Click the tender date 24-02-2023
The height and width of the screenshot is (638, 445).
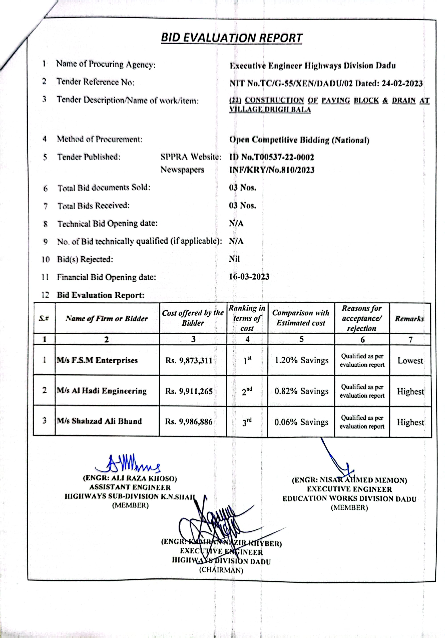tap(402, 84)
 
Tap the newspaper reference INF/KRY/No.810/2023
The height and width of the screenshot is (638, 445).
tap(272, 170)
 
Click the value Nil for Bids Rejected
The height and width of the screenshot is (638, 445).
tap(234, 259)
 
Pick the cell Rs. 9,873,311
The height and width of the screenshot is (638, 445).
tap(189, 361)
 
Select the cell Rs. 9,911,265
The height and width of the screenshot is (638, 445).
tap(189, 391)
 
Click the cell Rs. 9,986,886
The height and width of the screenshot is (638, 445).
tap(189, 422)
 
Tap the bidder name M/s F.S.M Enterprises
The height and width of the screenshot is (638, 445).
tap(97, 360)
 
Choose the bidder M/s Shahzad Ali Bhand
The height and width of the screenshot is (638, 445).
tap(99, 421)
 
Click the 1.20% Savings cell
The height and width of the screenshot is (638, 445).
tap(301, 360)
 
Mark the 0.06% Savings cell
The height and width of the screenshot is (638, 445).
tap(301, 422)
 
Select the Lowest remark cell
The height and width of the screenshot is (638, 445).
tap(410, 361)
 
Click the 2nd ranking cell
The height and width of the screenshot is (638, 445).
tap(247, 391)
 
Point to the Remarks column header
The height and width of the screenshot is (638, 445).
tap(410, 319)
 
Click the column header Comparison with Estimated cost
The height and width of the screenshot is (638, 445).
tap(301, 318)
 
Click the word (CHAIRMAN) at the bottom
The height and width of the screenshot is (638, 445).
tap(221, 570)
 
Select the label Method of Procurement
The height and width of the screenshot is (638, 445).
tap(99, 139)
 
